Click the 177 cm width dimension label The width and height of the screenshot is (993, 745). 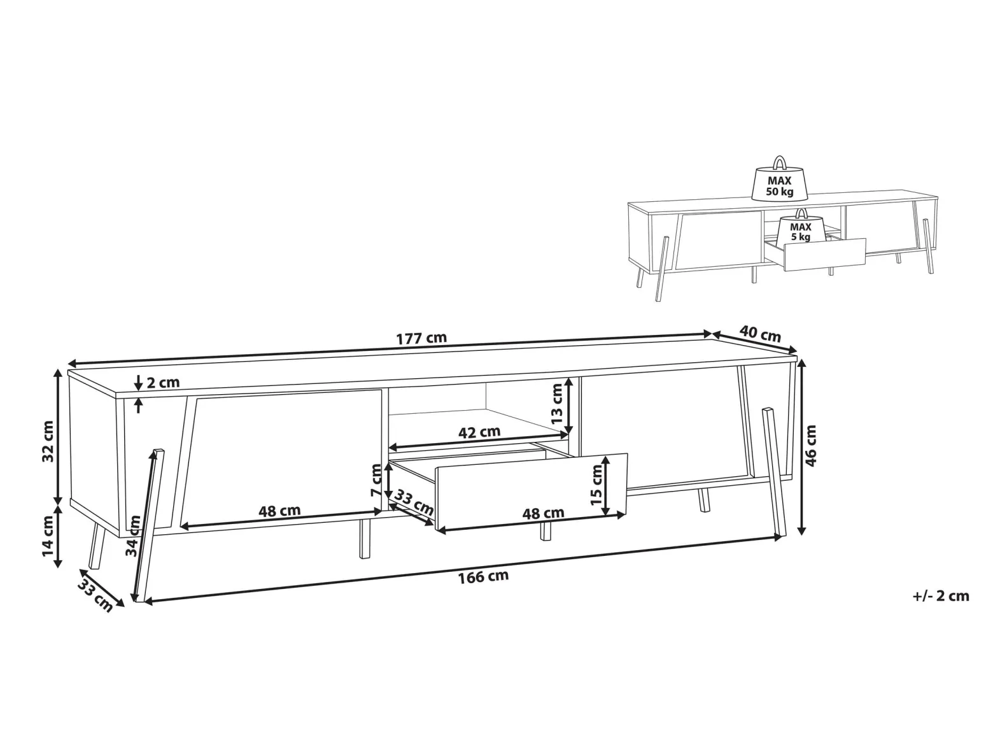coord(421,338)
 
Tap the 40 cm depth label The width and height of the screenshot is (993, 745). coord(760,334)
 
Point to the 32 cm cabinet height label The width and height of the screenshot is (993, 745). coord(48,441)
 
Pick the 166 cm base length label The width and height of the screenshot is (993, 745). coord(483,577)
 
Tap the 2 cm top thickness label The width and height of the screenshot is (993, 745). coord(163,383)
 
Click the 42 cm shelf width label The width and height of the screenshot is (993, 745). coord(479,432)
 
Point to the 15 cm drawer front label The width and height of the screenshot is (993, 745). coord(596,485)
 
